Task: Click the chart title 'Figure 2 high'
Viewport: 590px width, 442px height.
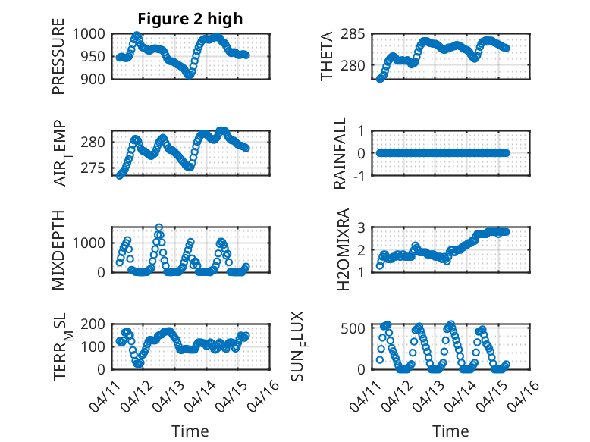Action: click(190, 19)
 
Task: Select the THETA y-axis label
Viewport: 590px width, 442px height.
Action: click(327, 56)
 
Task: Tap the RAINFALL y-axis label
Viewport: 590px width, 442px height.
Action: click(341, 153)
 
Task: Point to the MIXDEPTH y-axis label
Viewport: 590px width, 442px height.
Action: click(58, 250)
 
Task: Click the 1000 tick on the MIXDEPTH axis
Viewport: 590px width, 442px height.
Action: click(92, 243)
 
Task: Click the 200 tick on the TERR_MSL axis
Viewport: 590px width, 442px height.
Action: click(96, 324)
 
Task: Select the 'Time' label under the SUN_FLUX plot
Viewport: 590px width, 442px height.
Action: click(450, 431)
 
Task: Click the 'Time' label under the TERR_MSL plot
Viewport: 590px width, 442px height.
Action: click(190, 431)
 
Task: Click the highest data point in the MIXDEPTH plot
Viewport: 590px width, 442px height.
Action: click(159, 227)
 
